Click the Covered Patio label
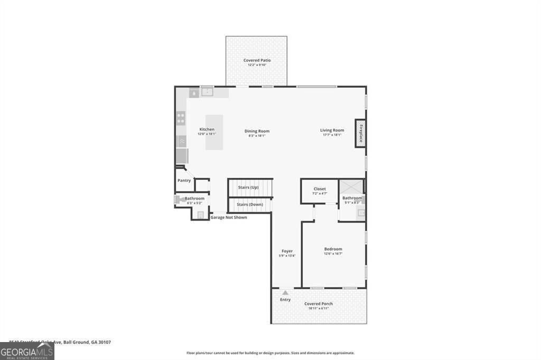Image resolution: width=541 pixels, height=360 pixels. pos(257,60)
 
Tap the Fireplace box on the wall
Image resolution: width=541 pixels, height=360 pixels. pos(361,132)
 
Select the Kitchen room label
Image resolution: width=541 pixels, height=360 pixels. pos(207,129)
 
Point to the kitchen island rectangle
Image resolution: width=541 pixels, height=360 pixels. pos(214,132)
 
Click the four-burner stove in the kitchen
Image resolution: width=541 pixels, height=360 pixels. pos(181,118)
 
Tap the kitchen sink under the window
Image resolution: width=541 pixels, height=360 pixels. pos(207,92)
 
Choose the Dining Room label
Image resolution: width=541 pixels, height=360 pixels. pos(257,131)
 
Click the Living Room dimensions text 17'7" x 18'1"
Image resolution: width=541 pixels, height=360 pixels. pos(332,135)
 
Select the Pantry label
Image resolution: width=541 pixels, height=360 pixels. pos(184,181)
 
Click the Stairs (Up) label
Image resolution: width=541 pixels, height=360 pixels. pos(248,187)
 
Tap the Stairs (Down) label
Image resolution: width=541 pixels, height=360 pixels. pos(248,204)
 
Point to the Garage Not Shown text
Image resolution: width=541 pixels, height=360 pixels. pos(229,217)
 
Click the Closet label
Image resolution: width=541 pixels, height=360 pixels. pos(320,188)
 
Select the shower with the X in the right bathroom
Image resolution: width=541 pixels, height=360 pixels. pos(351,187)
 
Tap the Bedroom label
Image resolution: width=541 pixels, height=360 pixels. pos(333,249)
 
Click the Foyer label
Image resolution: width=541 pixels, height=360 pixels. pos(287,251)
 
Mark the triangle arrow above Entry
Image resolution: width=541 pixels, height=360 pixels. pos(285,292)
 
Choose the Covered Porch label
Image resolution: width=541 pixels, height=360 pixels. pos(319,304)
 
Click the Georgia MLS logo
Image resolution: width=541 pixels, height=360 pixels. pos(27,351)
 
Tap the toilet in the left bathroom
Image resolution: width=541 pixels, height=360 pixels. pos(179,200)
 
